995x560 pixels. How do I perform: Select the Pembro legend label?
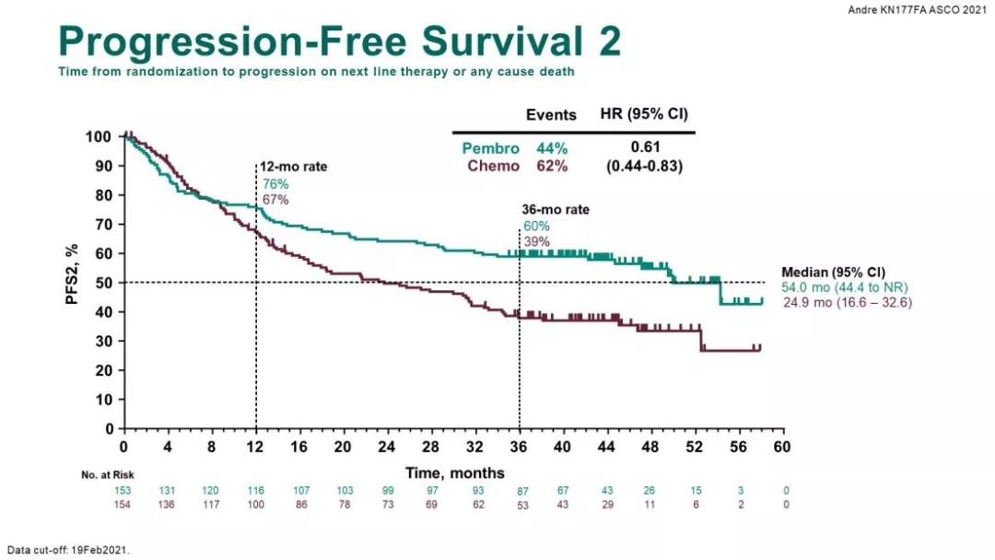490,149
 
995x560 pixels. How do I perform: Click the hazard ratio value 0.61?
644,147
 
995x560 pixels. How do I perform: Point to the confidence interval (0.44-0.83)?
644,166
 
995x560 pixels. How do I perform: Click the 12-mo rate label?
292,167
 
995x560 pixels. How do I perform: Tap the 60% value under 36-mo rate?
536,226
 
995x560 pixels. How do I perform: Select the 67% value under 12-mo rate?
275,199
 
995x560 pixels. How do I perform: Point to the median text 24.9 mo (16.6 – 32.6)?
848,302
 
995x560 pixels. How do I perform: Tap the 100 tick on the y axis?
99,137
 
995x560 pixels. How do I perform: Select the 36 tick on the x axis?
520,447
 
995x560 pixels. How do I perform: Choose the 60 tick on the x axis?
782,447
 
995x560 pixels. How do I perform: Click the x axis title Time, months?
455,472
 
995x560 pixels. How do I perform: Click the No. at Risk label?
101,475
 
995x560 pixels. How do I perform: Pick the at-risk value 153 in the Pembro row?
123,490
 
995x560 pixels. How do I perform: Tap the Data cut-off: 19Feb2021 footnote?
68,550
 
